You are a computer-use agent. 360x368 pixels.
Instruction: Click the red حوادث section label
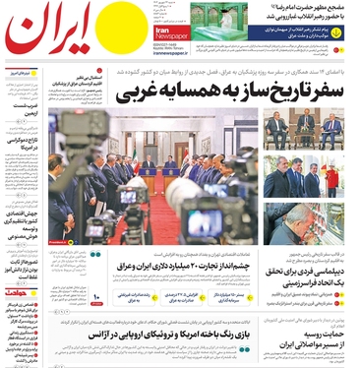pyautogui.click(x=19, y=292)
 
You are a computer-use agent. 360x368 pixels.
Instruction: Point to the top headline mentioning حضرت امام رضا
pyautogui.click(x=294, y=9)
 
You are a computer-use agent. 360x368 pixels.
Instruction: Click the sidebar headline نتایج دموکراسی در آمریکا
pyautogui.click(x=20, y=147)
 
